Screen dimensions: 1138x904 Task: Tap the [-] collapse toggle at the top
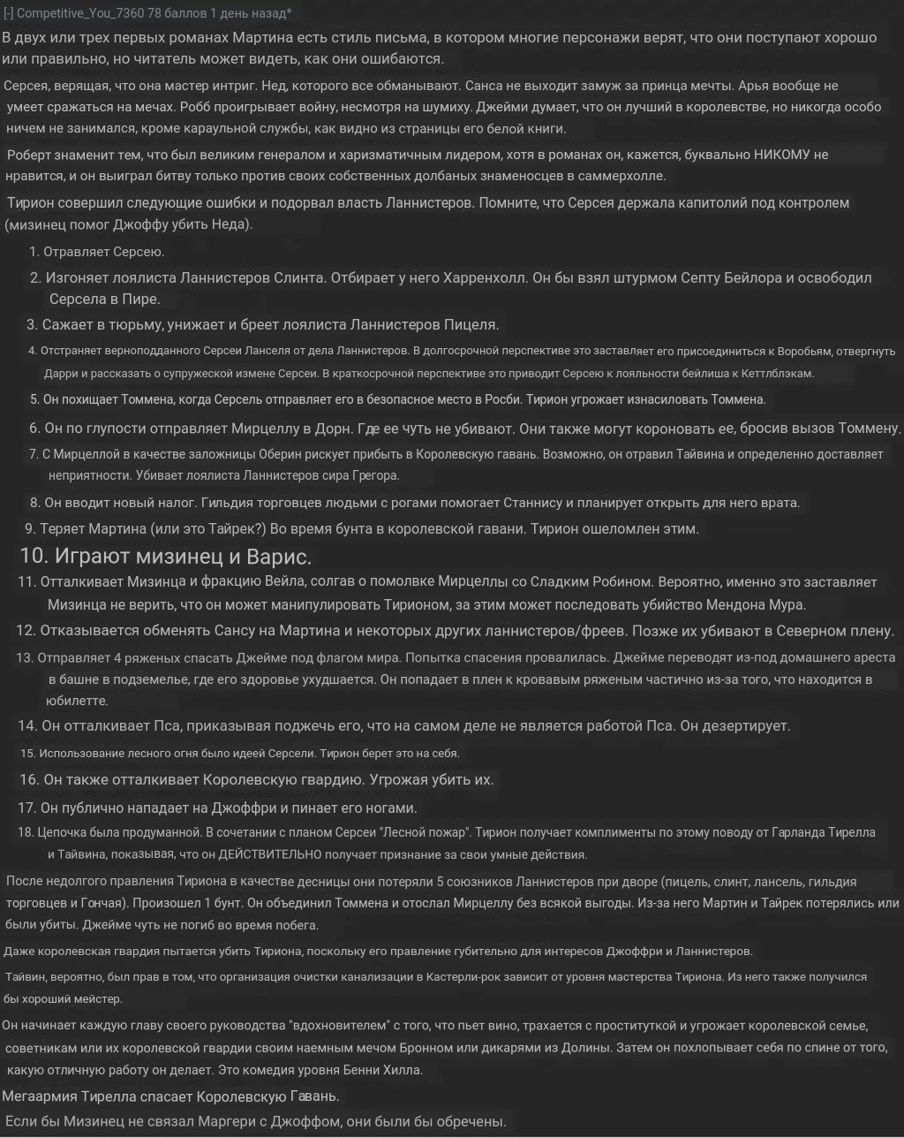pos(8,13)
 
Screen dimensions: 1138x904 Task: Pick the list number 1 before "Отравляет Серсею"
pos(34,252)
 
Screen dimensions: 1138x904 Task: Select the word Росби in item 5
pos(501,399)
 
